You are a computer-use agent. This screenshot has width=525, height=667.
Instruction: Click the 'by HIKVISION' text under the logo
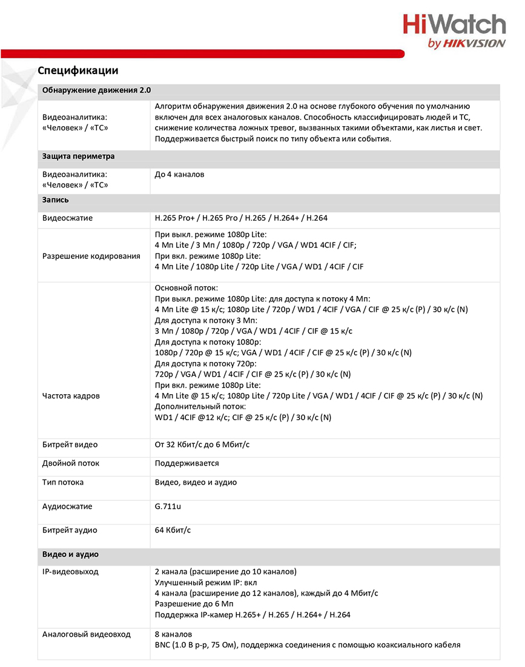coord(466,43)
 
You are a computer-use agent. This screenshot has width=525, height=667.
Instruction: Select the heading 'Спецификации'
coord(78,70)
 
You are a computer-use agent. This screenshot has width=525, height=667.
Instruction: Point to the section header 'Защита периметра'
coord(78,156)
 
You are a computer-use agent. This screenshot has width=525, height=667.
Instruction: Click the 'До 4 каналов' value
coord(180,175)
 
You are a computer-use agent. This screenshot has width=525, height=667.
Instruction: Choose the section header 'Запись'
coord(56,199)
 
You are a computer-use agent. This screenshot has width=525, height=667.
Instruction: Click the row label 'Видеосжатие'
coord(67,218)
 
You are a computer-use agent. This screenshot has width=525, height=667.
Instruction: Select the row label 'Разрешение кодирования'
coord(91,256)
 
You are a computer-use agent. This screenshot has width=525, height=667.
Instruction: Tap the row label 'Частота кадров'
coord(71,396)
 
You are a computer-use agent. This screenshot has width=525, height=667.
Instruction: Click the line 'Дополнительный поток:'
coord(200,406)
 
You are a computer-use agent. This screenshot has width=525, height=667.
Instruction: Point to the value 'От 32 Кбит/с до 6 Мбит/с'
coord(202,445)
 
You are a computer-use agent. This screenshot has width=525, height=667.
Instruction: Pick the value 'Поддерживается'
coord(187,463)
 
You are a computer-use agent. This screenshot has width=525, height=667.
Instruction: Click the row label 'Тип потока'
coord(63,483)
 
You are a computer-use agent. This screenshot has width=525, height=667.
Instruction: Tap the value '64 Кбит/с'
coord(173,531)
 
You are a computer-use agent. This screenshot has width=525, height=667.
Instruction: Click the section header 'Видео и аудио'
coord(70,555)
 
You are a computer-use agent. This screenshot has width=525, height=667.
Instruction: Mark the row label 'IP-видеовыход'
coord(70,572)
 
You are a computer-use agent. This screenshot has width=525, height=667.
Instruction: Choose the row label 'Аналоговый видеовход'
coord(86,634)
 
